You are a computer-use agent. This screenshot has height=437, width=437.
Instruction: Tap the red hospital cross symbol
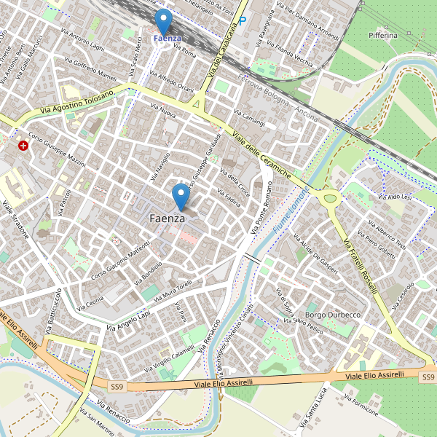[x=24, y=146]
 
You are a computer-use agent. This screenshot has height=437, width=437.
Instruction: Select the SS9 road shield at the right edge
[x=428, y=377]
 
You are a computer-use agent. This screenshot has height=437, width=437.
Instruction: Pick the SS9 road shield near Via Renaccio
[x=118, y=386]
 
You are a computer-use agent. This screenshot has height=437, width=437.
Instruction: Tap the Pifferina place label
[x=383, y=35]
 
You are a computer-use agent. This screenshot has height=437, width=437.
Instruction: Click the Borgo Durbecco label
[x=334, y=314]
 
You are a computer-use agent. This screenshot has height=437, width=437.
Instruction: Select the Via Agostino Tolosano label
[x=78, y=103]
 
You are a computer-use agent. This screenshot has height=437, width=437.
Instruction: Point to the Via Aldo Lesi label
[x=395, y=197]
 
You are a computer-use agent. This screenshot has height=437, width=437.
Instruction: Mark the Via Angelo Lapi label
[x=128, y=322]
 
